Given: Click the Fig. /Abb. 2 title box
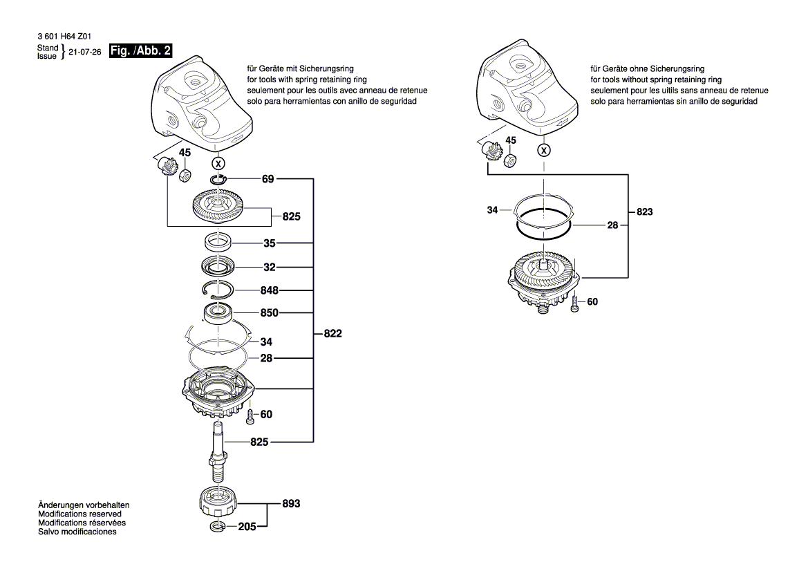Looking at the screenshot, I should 140,50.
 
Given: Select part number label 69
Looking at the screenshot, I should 268,179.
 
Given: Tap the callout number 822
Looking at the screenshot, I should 332,333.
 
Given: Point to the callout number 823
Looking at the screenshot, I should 644,212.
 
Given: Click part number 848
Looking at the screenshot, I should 270,290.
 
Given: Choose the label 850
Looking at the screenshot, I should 270,312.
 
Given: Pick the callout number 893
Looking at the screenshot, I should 291,504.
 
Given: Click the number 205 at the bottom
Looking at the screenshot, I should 247,527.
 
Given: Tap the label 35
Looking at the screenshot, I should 269,243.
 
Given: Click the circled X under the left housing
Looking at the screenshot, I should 218,164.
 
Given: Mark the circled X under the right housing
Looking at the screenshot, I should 545,150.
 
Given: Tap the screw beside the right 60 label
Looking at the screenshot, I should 575,304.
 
